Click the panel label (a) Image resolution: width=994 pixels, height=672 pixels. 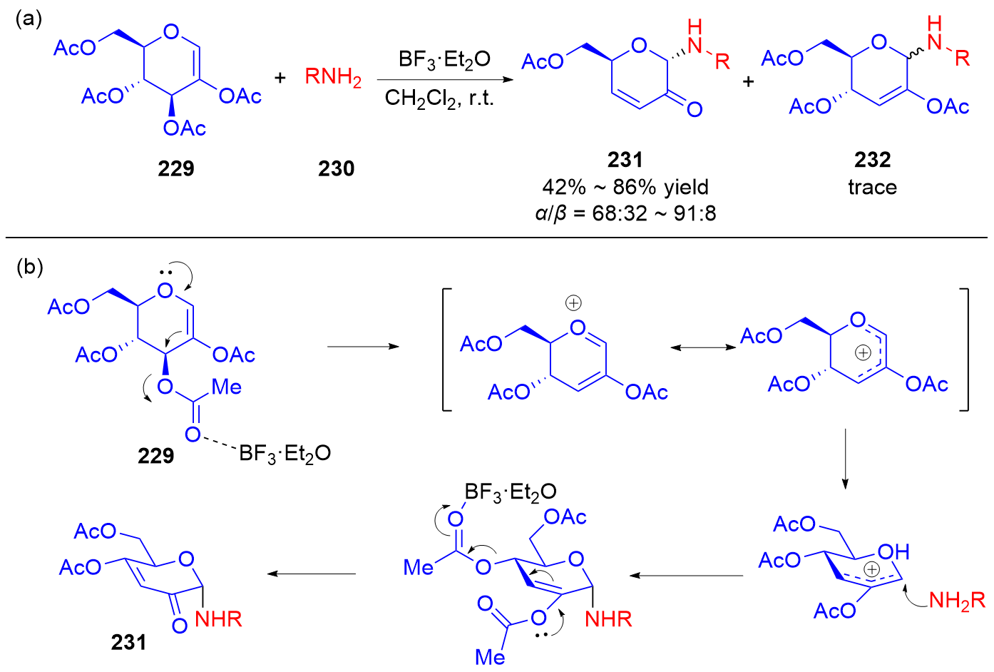point(29,19)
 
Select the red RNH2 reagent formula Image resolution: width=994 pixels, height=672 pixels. point(333,77)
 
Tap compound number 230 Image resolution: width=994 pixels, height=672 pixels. point(337,169)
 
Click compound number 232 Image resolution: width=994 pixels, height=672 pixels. point(873,160)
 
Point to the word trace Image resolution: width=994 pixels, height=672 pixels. point(873,187)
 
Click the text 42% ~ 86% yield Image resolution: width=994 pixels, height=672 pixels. point(625,187)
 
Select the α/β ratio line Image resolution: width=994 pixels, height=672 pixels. point(625,213)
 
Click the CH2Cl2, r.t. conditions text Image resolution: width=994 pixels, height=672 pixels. point(439,98)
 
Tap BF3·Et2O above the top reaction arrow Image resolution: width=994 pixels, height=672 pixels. point(444,59)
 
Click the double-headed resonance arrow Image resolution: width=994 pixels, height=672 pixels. point(703,347)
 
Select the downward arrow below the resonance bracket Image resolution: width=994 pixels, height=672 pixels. point(845,459)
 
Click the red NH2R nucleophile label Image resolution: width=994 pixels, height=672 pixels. point(957,601)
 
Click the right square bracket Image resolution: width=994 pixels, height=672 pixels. point(964,350)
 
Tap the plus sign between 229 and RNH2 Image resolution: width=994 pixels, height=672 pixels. point(280,78)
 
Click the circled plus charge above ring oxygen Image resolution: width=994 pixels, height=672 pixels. point(573,303)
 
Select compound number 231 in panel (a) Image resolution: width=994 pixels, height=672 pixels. point(625,160)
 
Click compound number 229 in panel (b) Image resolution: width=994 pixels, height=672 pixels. point(155,455)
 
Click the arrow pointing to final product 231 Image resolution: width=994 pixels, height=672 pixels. point(312,574)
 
